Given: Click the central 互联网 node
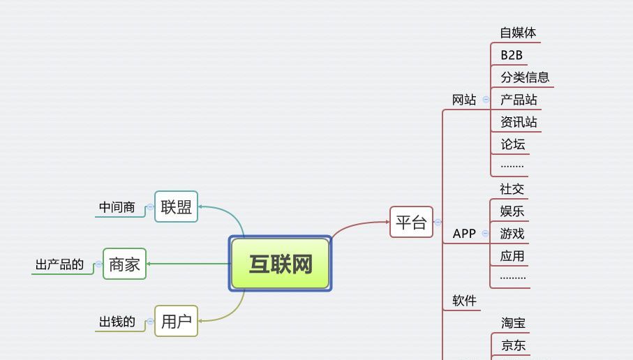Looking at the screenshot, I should [280, 264].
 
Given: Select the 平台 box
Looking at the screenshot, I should [411, 223].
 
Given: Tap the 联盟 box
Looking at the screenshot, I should [176, 207].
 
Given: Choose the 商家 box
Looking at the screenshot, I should [124, 264].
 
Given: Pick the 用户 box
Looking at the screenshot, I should [176, 322].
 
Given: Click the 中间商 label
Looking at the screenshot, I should [117, 207].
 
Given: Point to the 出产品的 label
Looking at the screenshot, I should [59, 265].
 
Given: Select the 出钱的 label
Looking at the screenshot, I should [117, 322].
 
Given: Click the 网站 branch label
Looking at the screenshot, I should [464, 100].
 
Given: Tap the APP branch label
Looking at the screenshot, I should [464, 234].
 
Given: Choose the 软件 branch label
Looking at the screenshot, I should [464, 301].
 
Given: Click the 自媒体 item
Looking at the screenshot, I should [518, 33].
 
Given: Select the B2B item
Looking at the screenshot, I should [512, 55].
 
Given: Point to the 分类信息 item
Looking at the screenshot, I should [525, 77].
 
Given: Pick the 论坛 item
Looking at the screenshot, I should [512, 144].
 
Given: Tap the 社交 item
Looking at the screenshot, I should [512, 189].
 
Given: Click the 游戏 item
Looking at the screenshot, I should [512, 234].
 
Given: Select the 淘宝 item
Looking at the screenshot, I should [514, 323].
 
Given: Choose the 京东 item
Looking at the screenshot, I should [514, 345].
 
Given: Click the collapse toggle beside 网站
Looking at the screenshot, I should [486, 100].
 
